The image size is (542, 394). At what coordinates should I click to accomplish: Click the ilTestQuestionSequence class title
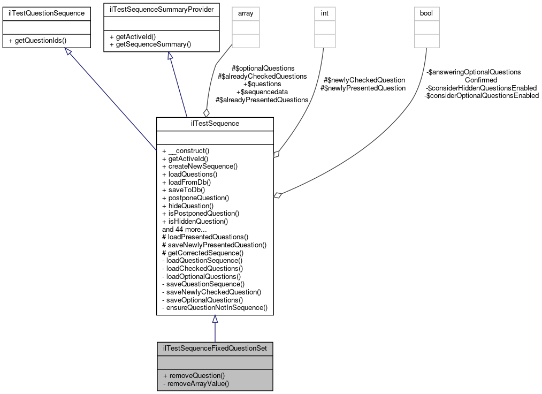pos(43,13)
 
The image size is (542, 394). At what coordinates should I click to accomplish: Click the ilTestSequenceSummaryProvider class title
pos(161,9)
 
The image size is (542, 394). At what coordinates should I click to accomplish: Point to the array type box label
pos(245,13)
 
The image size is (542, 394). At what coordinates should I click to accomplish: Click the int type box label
pos(324,13)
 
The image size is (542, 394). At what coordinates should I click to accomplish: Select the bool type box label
pos(426,13)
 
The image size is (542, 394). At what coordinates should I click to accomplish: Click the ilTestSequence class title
pos(215,123)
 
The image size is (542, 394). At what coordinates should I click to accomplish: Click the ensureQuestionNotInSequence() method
pos(215,307)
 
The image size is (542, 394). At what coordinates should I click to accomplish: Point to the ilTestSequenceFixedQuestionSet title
pos(215,348)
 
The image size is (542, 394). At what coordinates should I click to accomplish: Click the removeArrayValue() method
pos(195,383)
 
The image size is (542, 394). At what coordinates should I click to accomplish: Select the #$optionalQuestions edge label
pos(263,69)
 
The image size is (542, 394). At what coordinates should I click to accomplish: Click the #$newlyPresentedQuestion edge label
pos(363,88)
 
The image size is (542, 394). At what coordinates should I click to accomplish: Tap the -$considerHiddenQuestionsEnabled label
pos(480,88)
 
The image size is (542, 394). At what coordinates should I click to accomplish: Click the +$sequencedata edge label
pos(262,92)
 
